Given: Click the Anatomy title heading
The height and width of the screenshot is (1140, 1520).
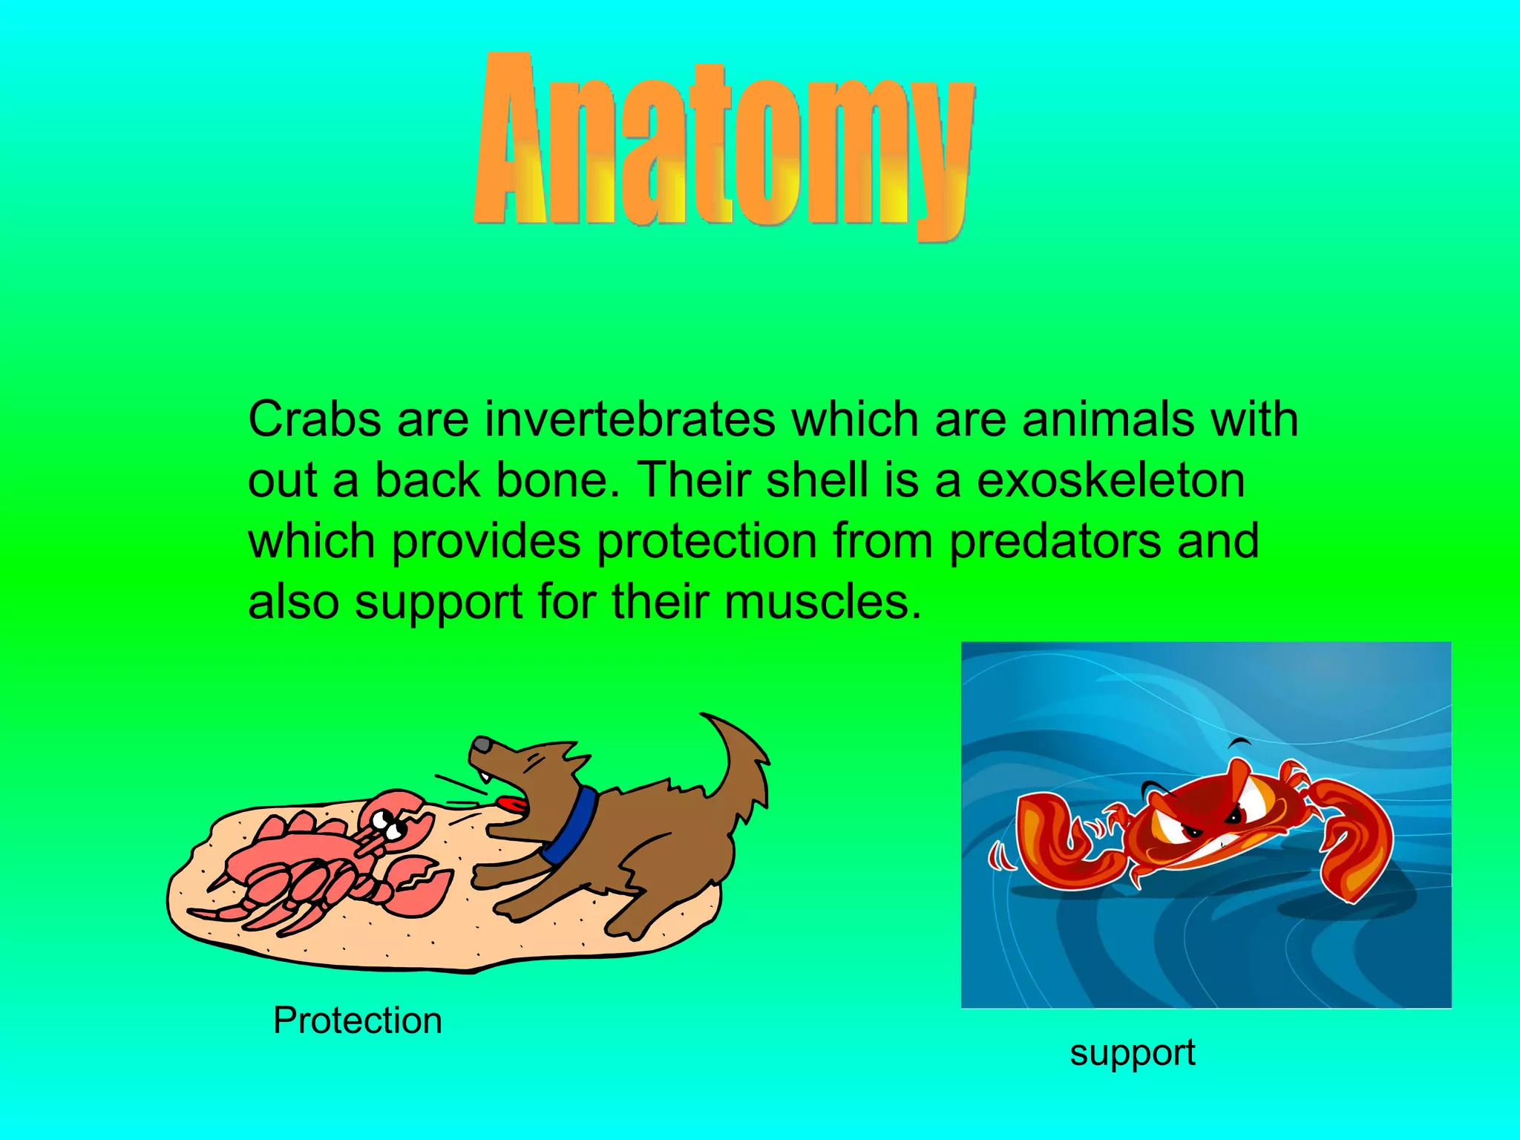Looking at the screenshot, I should pos(724,145).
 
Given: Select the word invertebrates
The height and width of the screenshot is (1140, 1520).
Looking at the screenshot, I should pos(630,420).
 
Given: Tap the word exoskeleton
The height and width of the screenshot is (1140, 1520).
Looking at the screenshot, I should pos(1110,480).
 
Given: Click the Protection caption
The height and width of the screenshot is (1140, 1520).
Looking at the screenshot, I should pos(357,1021).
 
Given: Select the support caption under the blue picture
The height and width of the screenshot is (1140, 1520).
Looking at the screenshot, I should pos(1132,1052).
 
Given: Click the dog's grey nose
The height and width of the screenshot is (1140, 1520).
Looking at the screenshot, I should pos(482,744).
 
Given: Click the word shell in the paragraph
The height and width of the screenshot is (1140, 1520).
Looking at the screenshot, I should pos(817,480).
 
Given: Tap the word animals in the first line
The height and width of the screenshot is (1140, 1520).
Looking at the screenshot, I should pos(1108,420).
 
